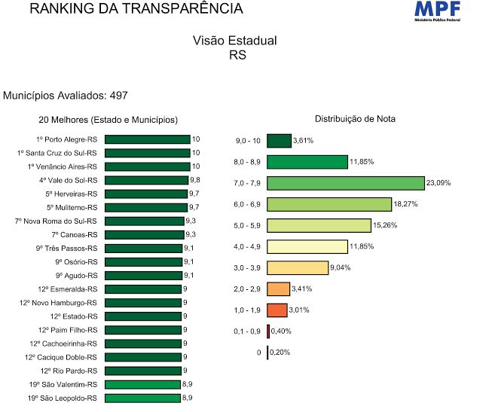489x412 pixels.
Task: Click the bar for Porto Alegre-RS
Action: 147,139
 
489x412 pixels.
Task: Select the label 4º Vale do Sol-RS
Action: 68,180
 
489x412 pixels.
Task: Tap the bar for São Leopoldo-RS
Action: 142,398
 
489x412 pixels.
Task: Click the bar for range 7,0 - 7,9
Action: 345,183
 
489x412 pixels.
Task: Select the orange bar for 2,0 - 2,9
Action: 278,289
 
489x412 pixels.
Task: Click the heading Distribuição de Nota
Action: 355,119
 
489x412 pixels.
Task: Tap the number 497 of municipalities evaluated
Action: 118,96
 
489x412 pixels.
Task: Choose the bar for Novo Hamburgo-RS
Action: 142,303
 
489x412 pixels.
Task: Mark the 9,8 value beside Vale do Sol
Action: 194,180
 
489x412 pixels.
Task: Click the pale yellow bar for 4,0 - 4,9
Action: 307,247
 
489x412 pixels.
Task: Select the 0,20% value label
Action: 280,352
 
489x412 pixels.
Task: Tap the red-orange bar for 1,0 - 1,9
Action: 277,310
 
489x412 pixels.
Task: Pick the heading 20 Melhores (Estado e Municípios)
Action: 108,120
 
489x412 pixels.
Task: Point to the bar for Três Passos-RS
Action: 144,249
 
